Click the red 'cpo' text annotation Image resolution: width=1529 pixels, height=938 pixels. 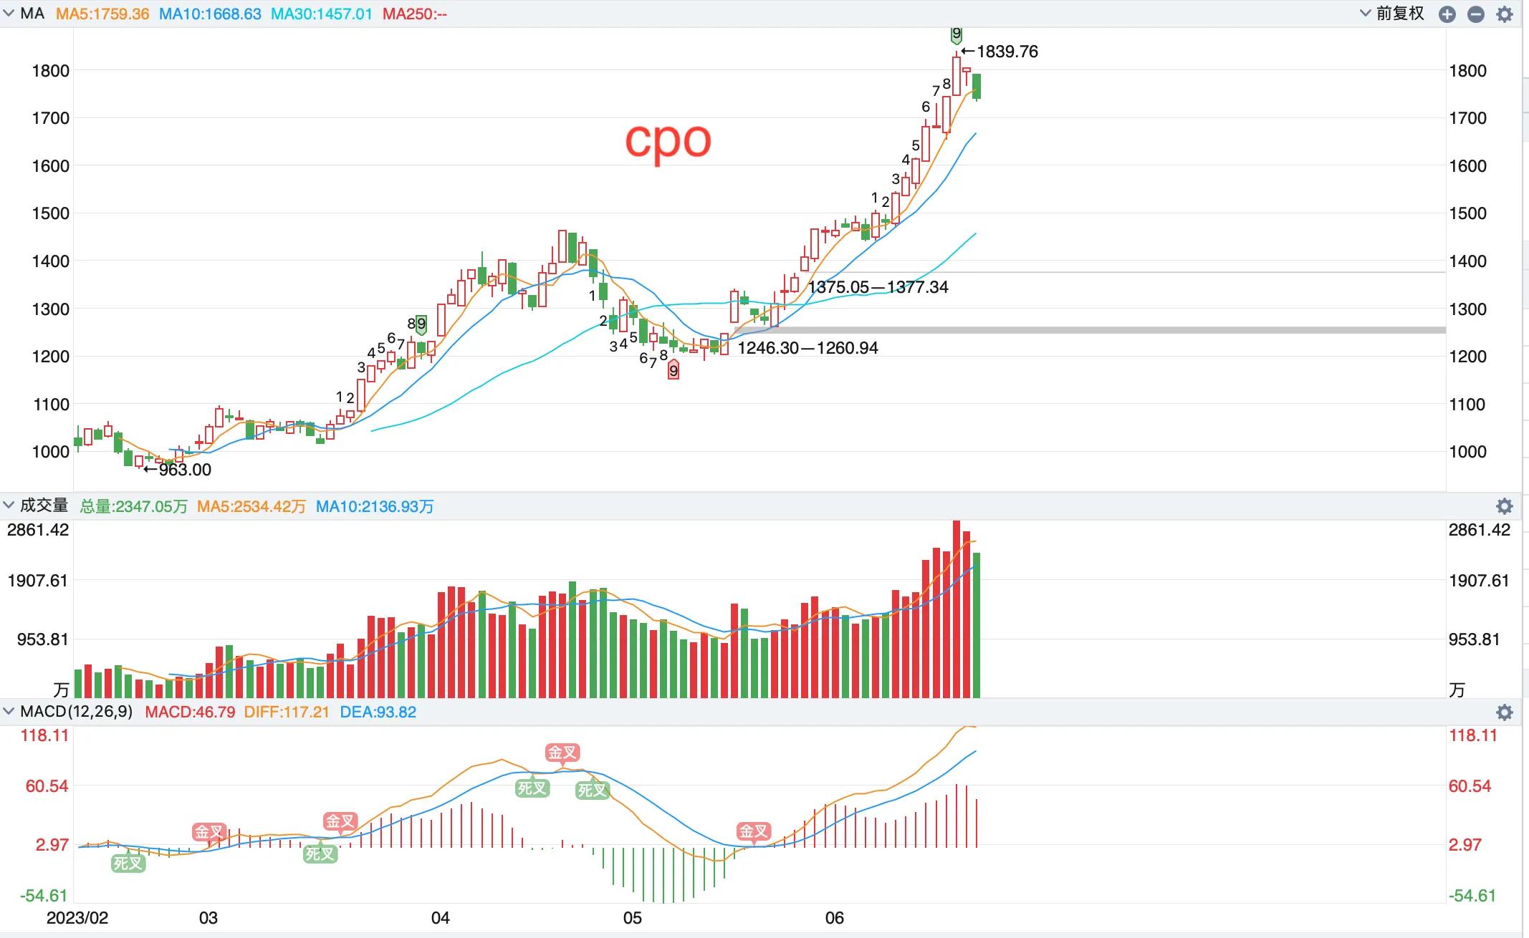click(x=668, y=140)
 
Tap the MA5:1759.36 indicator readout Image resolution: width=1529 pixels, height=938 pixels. click(x=102, y=14)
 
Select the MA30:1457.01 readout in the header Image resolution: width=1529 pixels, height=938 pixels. click(x=321, y=14)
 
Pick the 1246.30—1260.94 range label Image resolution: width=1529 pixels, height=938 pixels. click(x=807, y=348)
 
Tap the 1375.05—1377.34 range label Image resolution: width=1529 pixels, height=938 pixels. click(x=878, y=287)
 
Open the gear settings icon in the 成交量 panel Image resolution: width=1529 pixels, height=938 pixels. click(x=1504, y=507)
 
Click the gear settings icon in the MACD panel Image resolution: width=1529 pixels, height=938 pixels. click(x=1504, y=712)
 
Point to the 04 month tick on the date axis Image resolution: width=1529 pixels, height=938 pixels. click(x=440, y=918)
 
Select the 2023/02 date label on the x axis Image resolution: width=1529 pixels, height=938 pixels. click(x=77, y=918)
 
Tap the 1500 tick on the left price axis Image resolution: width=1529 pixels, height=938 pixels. click(x=50, y=213)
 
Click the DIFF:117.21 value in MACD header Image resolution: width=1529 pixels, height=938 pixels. click(x=286, y=712)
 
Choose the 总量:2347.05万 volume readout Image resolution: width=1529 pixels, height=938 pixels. click(x=133, y=507)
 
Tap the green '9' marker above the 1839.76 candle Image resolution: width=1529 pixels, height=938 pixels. click(x=956, y=34)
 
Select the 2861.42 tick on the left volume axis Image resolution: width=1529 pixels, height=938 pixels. click(x=38, y=530)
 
